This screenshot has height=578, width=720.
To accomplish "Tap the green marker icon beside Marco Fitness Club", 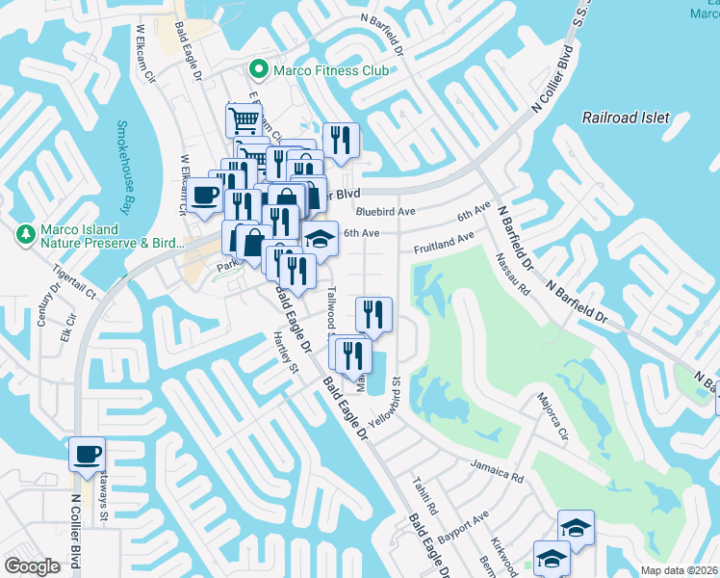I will click(258, 70).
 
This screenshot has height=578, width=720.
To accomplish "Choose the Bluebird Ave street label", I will click(384, 211).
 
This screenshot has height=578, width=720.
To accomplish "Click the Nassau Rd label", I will click(514, 273).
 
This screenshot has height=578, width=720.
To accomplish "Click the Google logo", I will click(32, 566).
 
